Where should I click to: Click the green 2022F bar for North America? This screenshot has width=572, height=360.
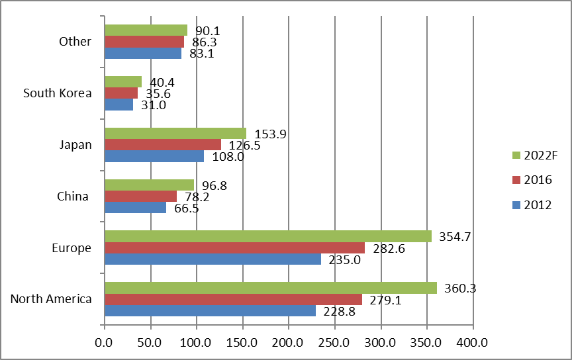(271, 288)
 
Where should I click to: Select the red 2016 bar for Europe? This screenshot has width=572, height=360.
(234, 247)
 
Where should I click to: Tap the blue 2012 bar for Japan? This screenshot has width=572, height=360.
(154, 157)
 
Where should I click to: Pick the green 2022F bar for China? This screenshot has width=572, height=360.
(150, 185)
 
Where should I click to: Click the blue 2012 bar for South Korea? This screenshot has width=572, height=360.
(119, 105)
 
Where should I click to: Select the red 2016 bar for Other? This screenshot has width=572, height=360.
(144, 42)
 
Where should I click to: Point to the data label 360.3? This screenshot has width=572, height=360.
(460, 289)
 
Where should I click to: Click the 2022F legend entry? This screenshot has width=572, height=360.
(534, 156)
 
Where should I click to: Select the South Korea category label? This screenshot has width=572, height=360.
(58, 93)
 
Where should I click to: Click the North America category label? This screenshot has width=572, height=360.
(51, 299)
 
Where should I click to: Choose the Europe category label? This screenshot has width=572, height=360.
(71, 248)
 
